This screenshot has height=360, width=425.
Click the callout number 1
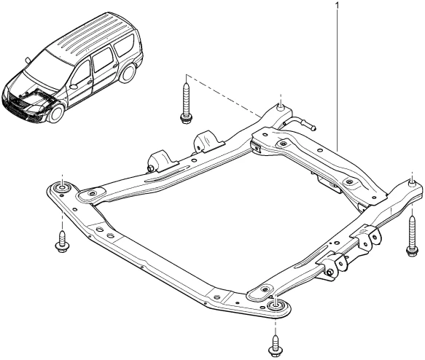pos(338,5)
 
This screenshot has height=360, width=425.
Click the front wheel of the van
pos(56,114)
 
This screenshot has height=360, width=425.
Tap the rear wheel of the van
pos(128,73)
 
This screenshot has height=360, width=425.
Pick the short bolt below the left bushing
pos(63,242)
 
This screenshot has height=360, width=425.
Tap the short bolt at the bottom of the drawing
pos(276,346)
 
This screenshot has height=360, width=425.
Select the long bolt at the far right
pos(412,235)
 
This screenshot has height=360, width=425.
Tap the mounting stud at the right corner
pos(412,184)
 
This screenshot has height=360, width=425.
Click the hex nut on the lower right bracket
pos(330,272)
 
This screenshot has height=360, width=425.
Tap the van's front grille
pos(17,104)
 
